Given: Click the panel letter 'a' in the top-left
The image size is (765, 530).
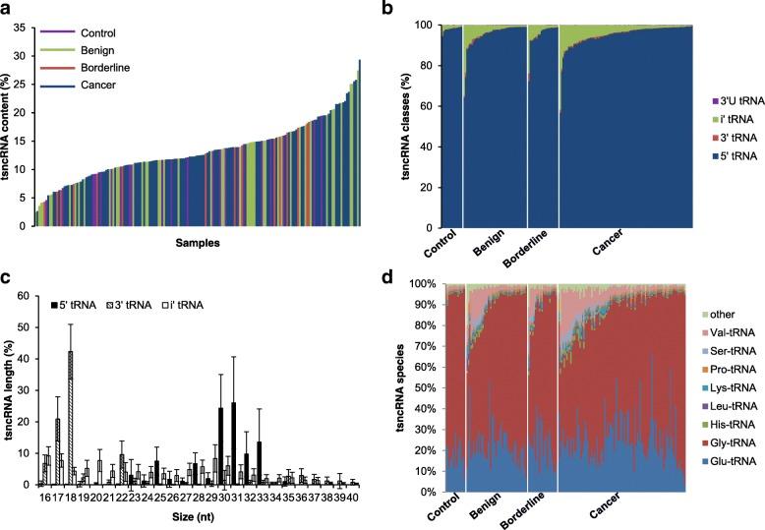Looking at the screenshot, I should [x=8, y=10].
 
